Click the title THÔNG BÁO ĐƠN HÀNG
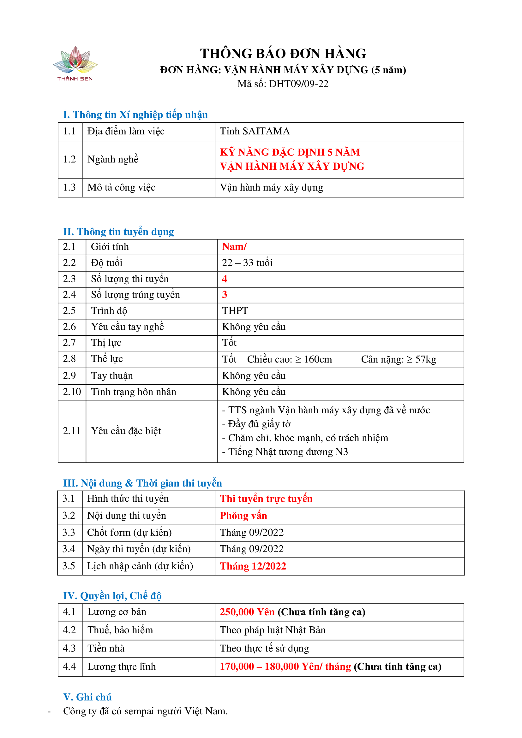[x=283, y=54]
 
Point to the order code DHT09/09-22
[x=298, y=84]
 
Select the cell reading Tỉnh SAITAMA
[x=255, y=131]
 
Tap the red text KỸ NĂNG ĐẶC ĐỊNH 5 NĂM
[x=290, y=152]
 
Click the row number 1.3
[x=69, y=187]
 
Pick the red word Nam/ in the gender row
[x=234, y=246]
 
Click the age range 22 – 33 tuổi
[x=247, y=263]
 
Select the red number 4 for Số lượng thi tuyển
[x=225, y=279]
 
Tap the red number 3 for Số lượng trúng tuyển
[x=225, y=294]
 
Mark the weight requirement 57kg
[x=425, y=359]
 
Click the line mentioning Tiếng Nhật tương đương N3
[x=285, y=452]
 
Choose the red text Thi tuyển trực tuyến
[x=266, y=499]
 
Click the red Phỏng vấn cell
[x=243, y=516]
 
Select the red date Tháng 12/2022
[x=253, y=566]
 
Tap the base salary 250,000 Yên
[x=247, y=612]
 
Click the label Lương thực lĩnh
[x=122, y=666]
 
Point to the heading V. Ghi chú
[x=87, y=697]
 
